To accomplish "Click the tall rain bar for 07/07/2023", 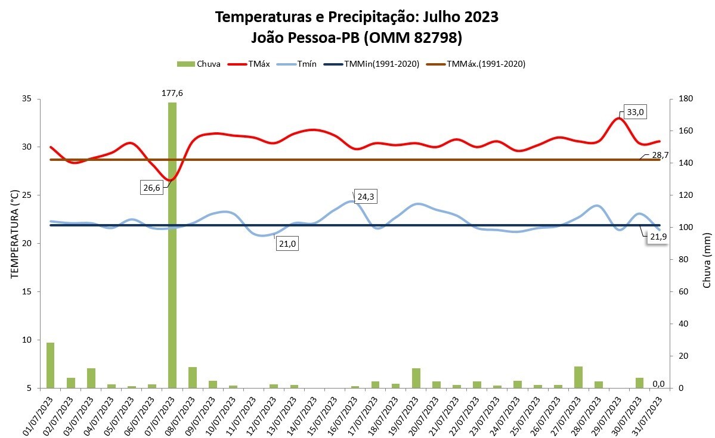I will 172,244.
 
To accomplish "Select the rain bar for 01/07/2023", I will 51,365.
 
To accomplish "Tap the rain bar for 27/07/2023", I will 578,377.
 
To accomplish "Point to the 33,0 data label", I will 636,112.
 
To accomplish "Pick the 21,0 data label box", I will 287,244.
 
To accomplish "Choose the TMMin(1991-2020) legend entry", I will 376,64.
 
